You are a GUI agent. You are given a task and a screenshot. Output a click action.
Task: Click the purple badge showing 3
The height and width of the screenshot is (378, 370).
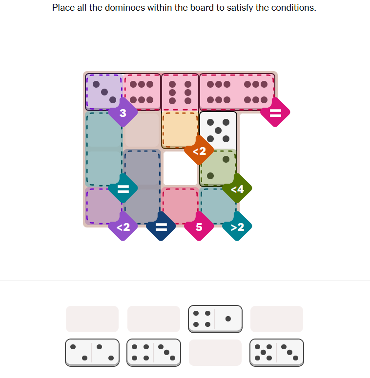click(123, 113)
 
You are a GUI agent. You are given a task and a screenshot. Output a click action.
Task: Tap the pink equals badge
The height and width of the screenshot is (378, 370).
click(275, 113)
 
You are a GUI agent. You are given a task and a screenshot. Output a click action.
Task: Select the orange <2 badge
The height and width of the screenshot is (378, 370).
click(199, 151)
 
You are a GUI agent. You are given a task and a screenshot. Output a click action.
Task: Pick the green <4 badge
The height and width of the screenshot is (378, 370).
click(237, 189)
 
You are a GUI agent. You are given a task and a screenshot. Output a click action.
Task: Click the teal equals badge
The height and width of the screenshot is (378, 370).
click(123, 189)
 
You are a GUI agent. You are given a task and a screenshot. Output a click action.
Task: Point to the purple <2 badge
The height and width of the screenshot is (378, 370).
click(123, 227)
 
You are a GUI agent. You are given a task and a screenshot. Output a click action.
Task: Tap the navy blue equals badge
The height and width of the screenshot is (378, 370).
click(161, 227)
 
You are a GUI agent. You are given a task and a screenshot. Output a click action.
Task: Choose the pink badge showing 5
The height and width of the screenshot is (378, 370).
click(199, 227)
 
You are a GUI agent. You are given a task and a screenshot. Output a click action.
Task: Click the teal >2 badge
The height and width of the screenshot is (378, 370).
click(237, 227)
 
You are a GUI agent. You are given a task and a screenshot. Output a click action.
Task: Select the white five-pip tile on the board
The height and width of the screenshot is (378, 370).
click(218, 131)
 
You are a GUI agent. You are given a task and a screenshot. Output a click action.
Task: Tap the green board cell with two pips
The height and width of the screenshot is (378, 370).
click(218, 168)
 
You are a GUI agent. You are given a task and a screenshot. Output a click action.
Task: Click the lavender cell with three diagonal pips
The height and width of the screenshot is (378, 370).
click(104, 92)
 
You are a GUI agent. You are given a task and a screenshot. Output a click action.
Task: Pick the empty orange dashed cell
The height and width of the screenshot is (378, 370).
click(180, 130)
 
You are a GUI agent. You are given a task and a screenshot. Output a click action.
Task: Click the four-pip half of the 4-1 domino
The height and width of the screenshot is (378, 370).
click(202, 319)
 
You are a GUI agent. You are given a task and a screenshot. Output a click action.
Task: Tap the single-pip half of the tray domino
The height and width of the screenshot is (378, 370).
click(228, 319)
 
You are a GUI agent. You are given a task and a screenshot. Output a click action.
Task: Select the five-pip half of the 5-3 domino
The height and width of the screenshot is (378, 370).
click(263, 353)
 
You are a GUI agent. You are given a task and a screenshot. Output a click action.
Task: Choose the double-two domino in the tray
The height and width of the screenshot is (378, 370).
click(92, 353)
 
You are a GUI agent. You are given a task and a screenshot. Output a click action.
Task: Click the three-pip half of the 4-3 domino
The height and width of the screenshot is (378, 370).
click(166, 353)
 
